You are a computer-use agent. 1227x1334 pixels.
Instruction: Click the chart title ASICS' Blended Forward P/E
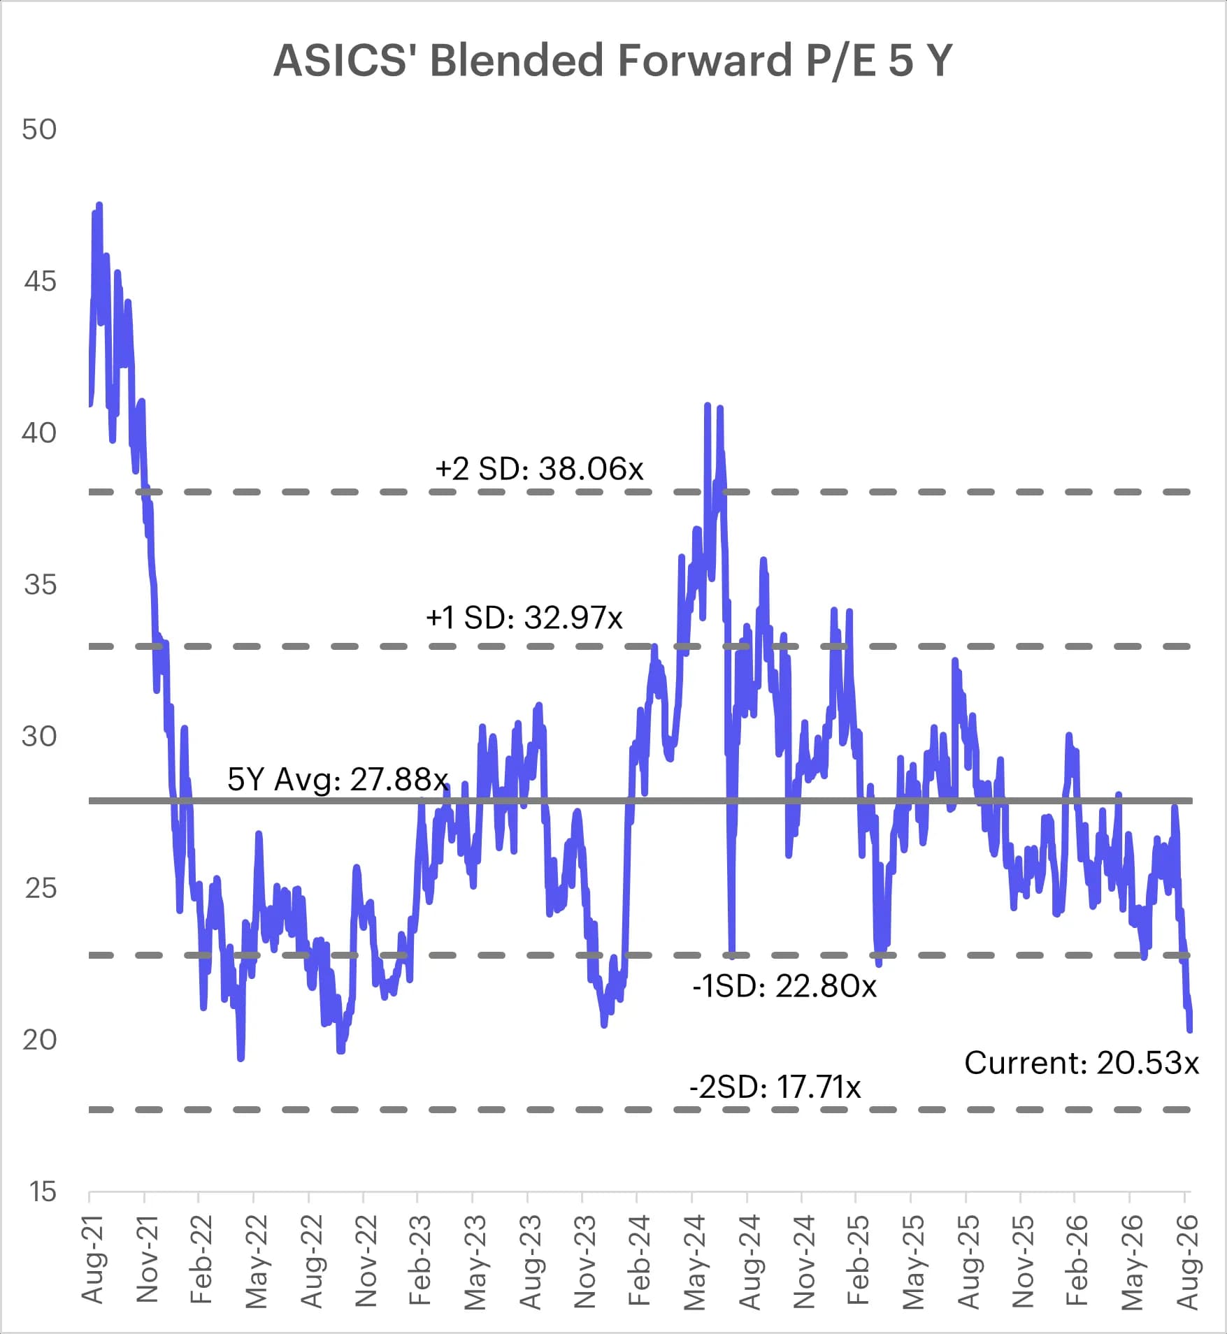612,60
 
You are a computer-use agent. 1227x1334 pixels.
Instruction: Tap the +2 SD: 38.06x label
539,468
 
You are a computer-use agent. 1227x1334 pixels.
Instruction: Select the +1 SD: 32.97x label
524,617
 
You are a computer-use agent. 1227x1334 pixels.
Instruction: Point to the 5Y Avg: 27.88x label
338,779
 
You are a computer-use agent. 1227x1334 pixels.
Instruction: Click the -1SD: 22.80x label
784,986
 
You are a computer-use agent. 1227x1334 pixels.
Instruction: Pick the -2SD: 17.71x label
775,1087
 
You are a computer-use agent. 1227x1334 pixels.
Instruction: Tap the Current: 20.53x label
1082,1062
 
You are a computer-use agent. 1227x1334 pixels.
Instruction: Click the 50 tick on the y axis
39,129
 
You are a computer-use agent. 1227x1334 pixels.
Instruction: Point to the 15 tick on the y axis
41,1191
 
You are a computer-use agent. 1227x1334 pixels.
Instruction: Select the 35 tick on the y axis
40,584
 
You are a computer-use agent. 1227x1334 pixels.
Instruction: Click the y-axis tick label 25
40,888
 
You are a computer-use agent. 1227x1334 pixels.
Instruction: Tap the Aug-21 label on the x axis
93,1260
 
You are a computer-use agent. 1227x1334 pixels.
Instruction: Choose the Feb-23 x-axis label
419,1260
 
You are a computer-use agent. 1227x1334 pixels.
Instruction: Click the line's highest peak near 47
99,205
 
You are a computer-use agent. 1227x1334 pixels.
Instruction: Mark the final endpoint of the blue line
1190,1030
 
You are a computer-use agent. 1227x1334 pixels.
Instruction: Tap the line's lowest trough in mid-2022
241,1058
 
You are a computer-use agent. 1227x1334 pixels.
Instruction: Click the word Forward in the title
705,60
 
